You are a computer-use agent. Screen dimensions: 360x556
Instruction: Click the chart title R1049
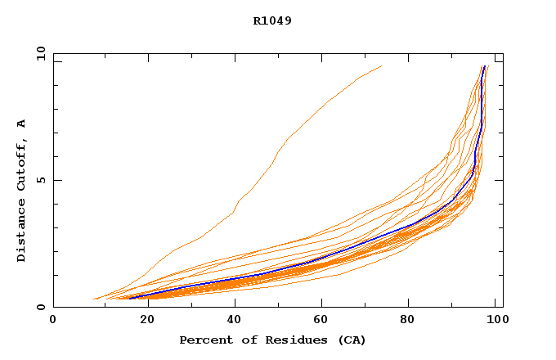click(x=272, y=20)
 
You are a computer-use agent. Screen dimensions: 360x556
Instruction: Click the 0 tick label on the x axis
click(x=53, y=320)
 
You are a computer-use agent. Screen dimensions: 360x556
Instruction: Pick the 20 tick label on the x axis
click(x=142, y=320)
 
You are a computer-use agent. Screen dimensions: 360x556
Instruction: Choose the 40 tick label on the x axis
click(x=231, y=320)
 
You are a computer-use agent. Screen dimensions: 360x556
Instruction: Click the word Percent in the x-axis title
click(x=203, y=340)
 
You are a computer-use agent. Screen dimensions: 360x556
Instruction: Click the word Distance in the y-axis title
click(x=21, y=231)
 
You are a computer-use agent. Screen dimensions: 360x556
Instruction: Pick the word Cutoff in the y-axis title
click(x=21, y=164)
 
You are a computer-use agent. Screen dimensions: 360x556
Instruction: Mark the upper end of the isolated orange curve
click(x=381, y=66)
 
